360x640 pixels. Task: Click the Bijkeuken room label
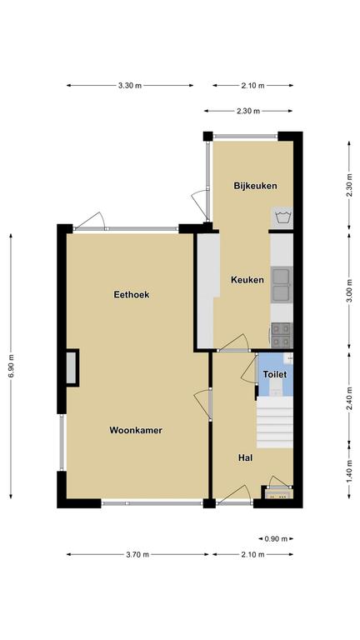(255, 186)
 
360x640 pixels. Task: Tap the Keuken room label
(247, 280)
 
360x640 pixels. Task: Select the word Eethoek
(132, 294)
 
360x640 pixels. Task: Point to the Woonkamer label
(136, 430)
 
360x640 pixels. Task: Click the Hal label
(245, 458)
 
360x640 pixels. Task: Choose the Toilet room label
(275, 374)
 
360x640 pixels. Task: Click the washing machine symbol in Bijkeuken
(282, 217)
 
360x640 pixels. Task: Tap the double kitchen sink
(282, 284)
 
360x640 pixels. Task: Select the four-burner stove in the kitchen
(282, 335)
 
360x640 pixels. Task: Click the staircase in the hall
(275, 422)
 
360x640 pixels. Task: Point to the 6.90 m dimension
(11, 367)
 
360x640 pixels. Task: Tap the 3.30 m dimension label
(130, 85)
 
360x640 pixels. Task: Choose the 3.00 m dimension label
(349, 292)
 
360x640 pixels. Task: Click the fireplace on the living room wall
(72, 367)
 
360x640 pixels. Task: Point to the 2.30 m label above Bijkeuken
(248, 111)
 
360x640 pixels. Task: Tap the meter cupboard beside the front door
(277, 493)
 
